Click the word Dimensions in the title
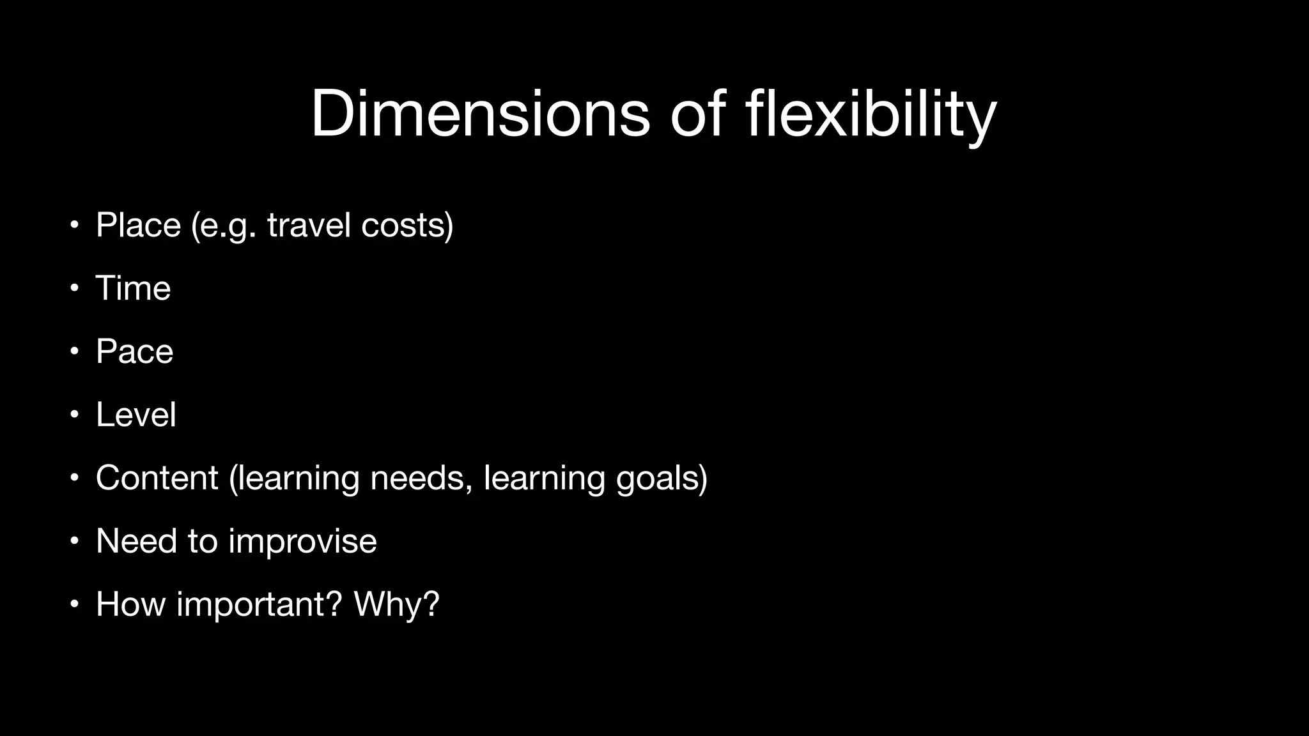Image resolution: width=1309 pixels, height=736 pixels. point(480,114)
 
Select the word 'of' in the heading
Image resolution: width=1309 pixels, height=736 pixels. point(697,114)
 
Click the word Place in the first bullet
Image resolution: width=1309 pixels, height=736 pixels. point(138,225)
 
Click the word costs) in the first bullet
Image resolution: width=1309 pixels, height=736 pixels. point(407,225)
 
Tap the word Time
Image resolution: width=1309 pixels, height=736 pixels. point(133,288)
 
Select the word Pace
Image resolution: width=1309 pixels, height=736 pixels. point(134,351)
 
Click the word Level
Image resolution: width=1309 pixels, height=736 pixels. point(136,415)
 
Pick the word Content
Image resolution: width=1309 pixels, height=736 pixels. point(157,478)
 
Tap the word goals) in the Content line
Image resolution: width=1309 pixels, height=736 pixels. point(662,478)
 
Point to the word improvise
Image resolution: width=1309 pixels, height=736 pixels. point(302,541)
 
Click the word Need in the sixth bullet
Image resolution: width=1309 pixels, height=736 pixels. point(136,541)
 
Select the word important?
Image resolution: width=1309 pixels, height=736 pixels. point(259,604)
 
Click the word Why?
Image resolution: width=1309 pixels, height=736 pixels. point(396,604)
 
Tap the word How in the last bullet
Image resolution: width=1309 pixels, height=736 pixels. point(130,604)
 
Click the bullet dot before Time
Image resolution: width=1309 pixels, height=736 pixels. point(75,289)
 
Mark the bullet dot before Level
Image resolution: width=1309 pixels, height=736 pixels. point(75,415)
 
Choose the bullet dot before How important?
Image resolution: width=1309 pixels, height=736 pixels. point(75,605)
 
